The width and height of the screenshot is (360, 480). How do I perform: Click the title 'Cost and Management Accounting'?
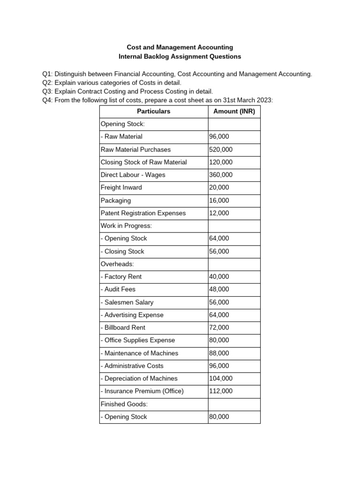click(180, 47)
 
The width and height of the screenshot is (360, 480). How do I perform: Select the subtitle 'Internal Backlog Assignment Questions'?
click(180, 56)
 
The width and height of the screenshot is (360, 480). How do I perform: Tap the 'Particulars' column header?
click(153, 112)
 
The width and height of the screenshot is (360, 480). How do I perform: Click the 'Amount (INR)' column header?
click(234, 112)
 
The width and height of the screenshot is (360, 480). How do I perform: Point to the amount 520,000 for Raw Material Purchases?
click(221, 150)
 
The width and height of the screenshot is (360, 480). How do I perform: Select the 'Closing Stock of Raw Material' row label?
click(143, 162)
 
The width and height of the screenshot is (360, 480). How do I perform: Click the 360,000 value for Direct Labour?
click(221, 175)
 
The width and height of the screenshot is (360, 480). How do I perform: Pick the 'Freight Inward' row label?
click(121, 187)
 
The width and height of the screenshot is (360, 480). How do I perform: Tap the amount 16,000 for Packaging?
click(219, 200)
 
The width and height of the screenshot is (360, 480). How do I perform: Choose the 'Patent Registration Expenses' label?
click(143, 213)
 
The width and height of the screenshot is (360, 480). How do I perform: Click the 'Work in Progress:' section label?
click(126, 225)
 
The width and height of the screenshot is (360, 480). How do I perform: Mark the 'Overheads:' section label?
click(117, 264)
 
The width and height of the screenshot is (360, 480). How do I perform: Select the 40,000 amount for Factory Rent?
click(219, 277)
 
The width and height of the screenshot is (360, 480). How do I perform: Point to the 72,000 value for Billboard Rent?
click(219, 328)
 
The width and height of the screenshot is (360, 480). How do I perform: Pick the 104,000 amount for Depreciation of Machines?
click(221, 378)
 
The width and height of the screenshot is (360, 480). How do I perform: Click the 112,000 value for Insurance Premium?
click(221, 391)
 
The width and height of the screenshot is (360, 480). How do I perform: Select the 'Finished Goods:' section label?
click(124, 404)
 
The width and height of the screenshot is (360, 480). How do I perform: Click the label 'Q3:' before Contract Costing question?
click(47, 91)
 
